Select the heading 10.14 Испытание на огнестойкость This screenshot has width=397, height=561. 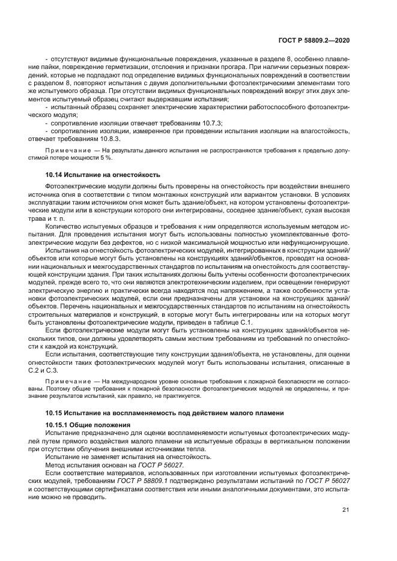(x=103, y=175)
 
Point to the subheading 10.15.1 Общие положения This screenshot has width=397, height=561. (x=88, y=424)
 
